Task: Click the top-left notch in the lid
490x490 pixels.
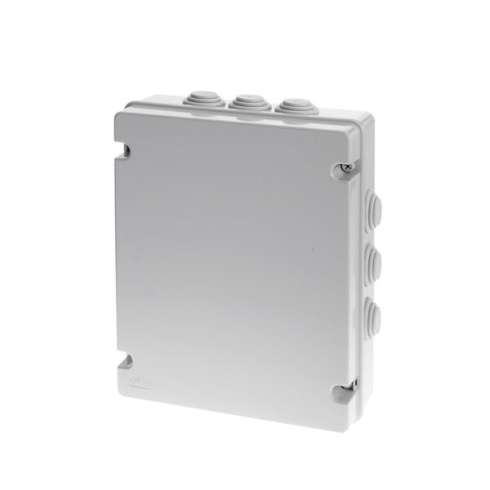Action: coord(125,149)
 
